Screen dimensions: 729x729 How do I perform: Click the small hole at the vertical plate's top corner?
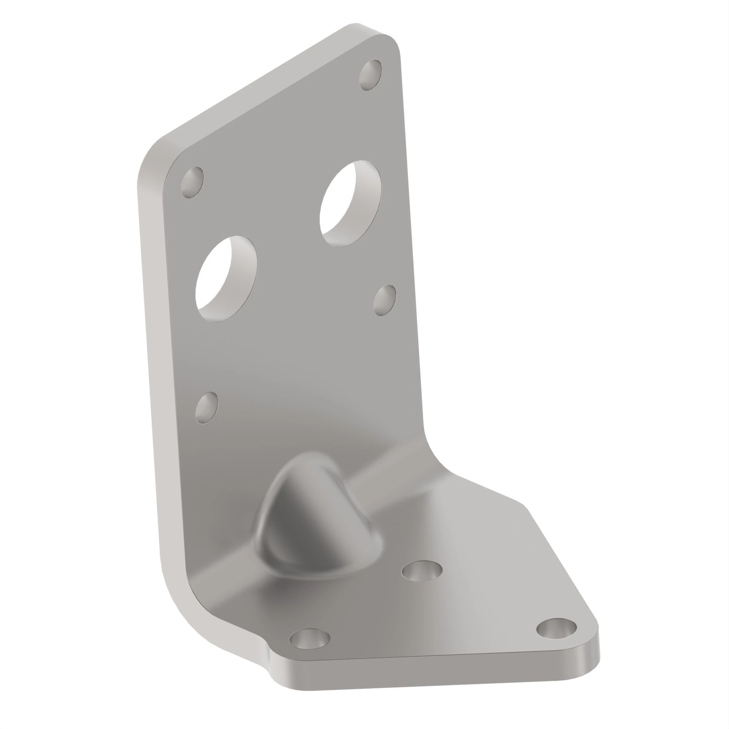pyautogui.click(x=370, y=74)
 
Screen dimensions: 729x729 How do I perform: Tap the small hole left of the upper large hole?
pyautogui.click(x=192, y=183)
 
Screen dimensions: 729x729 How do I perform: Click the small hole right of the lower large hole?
pyautogui.click(x=385, y=300)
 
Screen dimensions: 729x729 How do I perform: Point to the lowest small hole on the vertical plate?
pyautogui.click(x=207, y=408)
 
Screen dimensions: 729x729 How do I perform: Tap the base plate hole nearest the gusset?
pyautogui.click(x=421, y=571)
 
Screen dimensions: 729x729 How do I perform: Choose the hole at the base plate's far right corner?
pyautogui.click(x=557, y=628)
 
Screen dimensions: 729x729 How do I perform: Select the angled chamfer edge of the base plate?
pyautogui.click(x=558, y=558)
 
